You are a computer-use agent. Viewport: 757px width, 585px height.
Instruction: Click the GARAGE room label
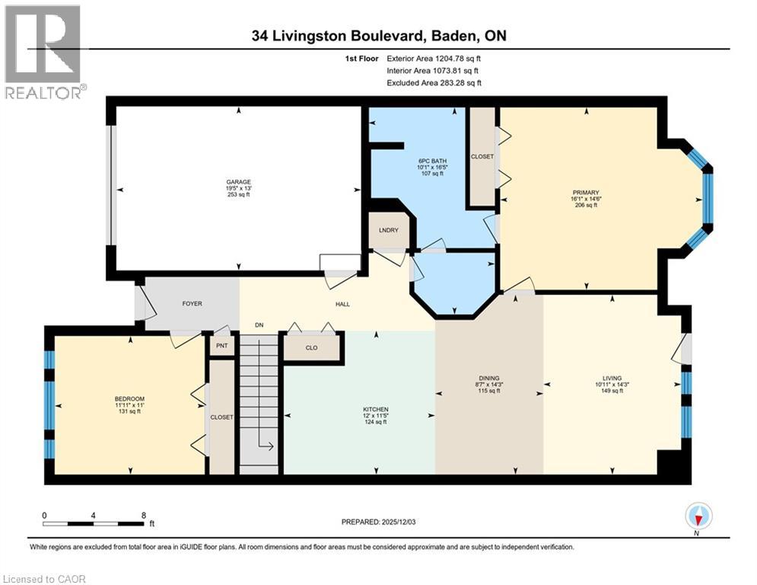[238, 182]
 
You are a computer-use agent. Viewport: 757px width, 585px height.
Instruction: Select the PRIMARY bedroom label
[587, 192]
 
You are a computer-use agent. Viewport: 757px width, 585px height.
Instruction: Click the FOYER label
[192, 303]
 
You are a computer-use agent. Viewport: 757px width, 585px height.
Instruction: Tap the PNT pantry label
[221, 346]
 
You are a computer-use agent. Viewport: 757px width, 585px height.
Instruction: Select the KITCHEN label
[375, 410]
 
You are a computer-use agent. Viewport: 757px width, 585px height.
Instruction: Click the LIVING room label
[612, 378]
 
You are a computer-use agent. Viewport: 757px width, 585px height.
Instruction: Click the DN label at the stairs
[259, 326]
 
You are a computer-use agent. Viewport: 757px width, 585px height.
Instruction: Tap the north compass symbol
[698, 517]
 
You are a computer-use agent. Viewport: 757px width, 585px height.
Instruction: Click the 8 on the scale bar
[144, 515]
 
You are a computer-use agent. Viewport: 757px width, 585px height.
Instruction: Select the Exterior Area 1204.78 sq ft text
[434, 58]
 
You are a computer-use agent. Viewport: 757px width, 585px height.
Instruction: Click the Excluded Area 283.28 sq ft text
[434, 83]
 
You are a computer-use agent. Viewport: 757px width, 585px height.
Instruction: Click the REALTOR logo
[43, 52]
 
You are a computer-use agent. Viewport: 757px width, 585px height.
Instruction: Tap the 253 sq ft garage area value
[238, 195]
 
